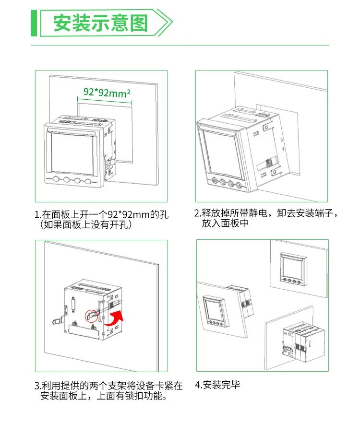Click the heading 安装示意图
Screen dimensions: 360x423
[100, 23]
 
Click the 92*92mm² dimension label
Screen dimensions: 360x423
[107, 92]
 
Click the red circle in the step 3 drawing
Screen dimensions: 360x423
[91, 316]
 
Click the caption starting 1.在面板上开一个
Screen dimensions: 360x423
[101, 214]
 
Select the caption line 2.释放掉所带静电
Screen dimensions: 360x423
[266, 213]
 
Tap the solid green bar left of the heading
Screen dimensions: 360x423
[34, 23]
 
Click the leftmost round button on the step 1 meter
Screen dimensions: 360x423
[57, 181]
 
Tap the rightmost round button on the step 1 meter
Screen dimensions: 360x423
[88, 181]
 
